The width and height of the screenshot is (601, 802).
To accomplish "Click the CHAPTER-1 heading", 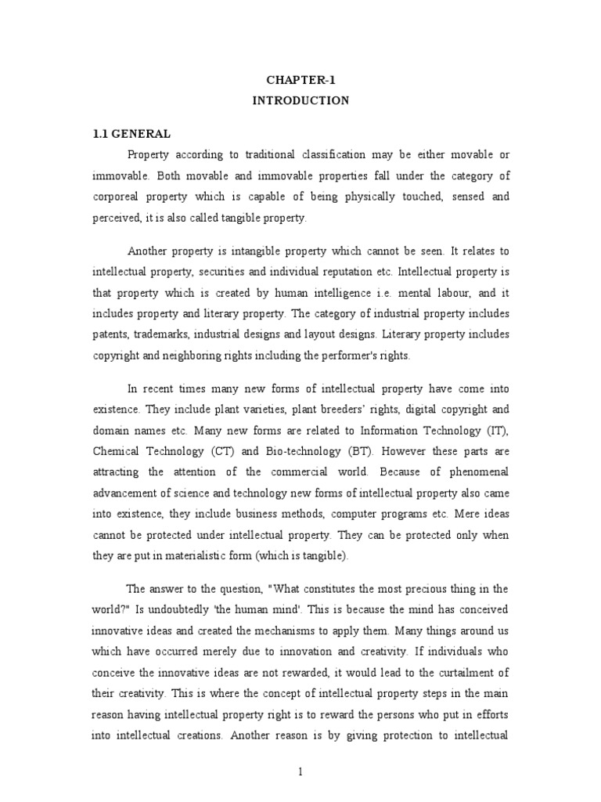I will [x=300, y=80].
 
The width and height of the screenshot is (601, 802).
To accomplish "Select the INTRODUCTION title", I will [x=300, y=100].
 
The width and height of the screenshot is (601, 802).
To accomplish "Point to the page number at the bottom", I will [x=300, y=772].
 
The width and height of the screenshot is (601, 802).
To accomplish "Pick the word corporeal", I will [x=118, y=196].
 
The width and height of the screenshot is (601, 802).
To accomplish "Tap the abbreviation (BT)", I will [x=380, y=452].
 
